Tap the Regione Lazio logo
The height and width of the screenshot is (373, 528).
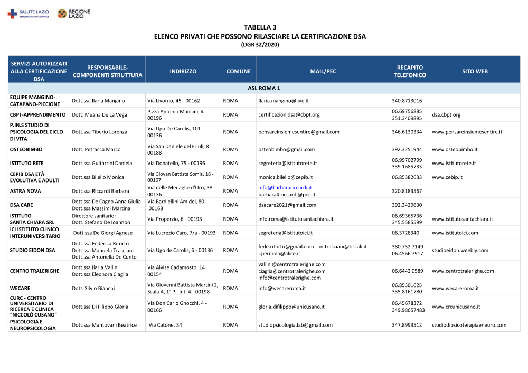click(73, 14)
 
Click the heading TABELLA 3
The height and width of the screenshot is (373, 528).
click(260, 27)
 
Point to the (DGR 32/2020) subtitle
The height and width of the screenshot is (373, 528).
click(260, 45)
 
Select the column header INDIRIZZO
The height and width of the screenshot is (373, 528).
click(183, 71)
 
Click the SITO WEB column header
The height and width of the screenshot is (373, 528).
click(475, 71)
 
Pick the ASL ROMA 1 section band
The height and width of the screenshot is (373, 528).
click(263, 88)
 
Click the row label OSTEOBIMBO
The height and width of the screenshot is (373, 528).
click(26, 149)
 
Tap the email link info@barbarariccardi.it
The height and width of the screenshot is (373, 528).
click(285, 188)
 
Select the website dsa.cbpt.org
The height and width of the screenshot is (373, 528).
click(446, 114)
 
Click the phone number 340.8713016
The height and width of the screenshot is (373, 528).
click(407, 101)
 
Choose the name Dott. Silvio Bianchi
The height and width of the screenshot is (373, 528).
click(93, 289)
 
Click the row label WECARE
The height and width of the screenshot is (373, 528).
click(20, 289)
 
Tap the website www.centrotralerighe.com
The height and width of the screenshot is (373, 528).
click(463, 271)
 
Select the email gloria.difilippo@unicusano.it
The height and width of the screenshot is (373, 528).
click(291, 307)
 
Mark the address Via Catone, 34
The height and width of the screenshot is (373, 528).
click(165, 325)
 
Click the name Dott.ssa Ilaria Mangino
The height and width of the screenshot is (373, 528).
click(98, 101)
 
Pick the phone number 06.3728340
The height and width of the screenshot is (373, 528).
click(406, 233)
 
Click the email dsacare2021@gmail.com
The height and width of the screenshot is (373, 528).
click(287, 205)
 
